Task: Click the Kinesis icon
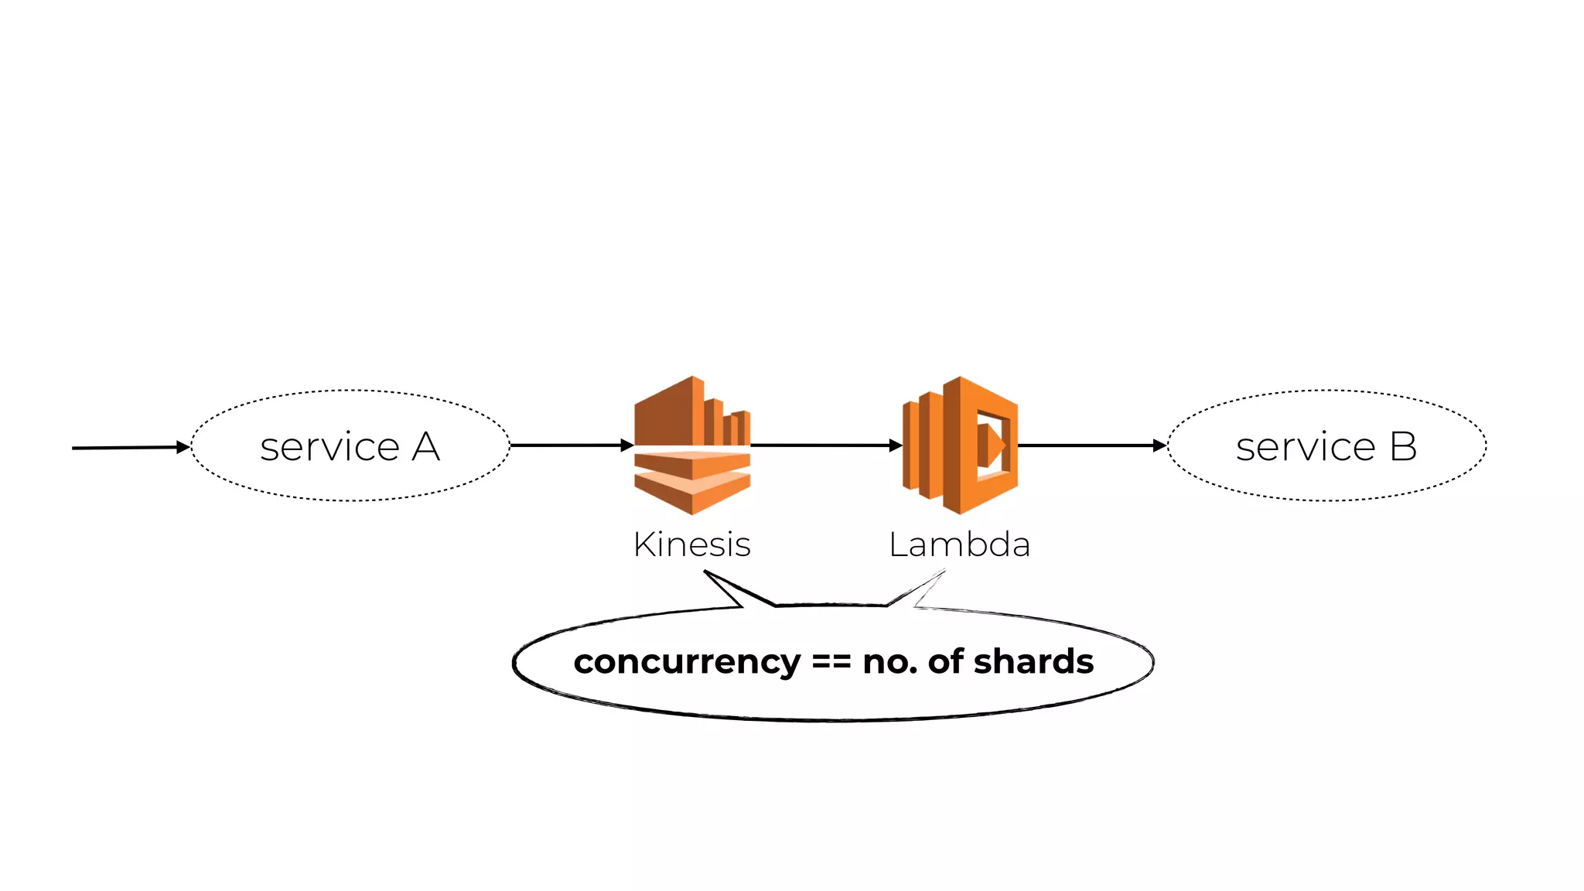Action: [x=692, y=445]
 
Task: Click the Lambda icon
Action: [x=960, y=445]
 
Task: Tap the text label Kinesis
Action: [x=692, y=544]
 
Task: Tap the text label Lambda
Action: [x=959, y=544]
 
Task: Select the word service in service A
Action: [x=329, y=447]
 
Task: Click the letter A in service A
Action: [x=425, y=447]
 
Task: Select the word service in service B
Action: [x=1306, y=447]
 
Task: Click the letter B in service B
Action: [x=1403, y=447]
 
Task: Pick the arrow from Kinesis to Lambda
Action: [x=824, y=445]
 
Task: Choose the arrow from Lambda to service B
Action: [x=1091, y=445]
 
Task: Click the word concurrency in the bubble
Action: [x=687, y=662]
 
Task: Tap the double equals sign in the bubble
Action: [x=831, y=662]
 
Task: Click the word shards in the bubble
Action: [x=1033, y=661]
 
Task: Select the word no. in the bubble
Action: [x=889, y=662]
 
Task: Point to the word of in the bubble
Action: [x=945, y=661]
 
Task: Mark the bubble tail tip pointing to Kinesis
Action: [x=705, y=572]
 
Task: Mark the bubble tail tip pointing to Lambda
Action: [x=944, y=572]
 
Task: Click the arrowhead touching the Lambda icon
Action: [x=896, y=445]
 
